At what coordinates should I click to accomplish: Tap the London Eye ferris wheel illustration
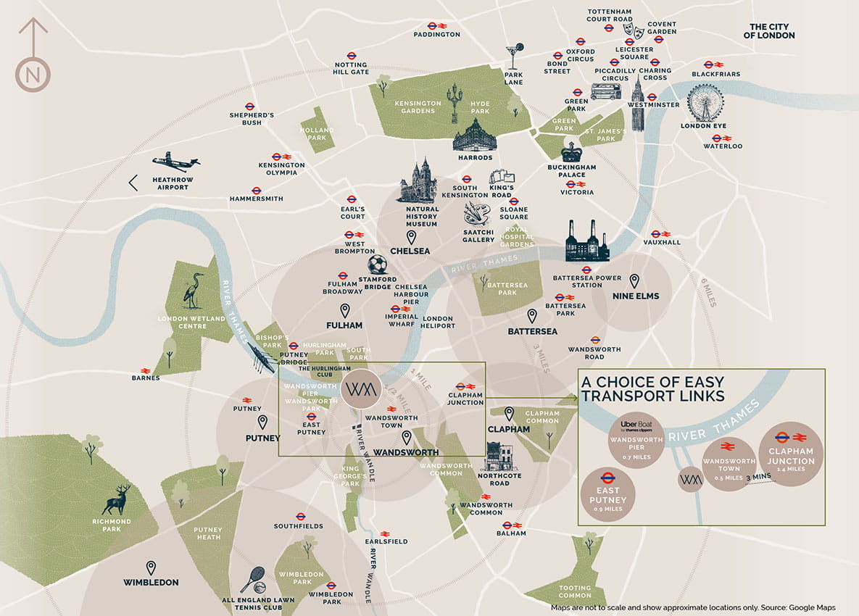click(705, 102)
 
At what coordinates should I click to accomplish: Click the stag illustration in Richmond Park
click(117, 500)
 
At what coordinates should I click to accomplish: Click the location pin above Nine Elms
click(634, 280)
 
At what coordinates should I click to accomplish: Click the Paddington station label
click(437, 34)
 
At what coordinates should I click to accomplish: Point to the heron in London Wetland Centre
click(193, 290)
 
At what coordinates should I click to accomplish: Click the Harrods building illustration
click(475, 138)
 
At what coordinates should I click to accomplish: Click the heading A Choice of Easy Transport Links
click(652, 388)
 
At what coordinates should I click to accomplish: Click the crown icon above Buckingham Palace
click(572, 151)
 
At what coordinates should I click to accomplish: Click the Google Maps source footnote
click(693, 607)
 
